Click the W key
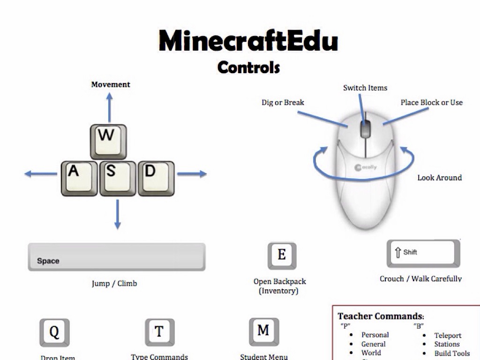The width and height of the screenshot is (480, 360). click(x=108, y=141)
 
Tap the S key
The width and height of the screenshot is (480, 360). click(x=117, y=178)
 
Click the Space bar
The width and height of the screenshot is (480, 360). click(x=116, y=257)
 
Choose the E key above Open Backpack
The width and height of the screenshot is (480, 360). click(x=282, y=255)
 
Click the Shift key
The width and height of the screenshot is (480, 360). click(x=423, y=253)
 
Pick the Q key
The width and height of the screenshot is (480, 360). click(x=54, y=332)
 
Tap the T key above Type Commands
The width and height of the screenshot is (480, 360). click(x=159, y=332)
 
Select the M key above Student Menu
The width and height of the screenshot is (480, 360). click(x=263, y=331)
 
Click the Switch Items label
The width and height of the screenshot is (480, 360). click(x=365, y=88)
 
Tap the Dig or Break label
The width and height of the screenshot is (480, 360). click(x=283, y=102)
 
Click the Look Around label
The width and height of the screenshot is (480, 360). click(x=439, y=178)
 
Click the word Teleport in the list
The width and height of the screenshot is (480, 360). click(x=448, y=336)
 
